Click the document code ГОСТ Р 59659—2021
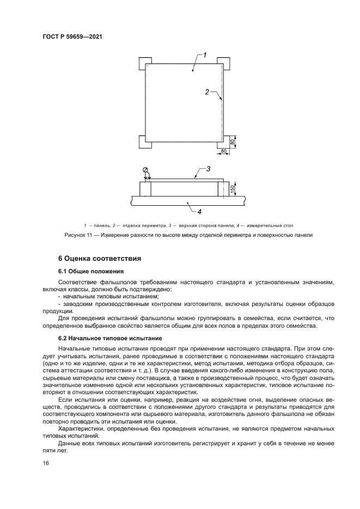(72, 36)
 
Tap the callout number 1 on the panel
(205, 55)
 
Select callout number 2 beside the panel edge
(207, 93)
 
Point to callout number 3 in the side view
(207, 170)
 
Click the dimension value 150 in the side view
(233, 188)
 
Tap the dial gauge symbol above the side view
(145, 170)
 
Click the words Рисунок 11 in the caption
(77, 235)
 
